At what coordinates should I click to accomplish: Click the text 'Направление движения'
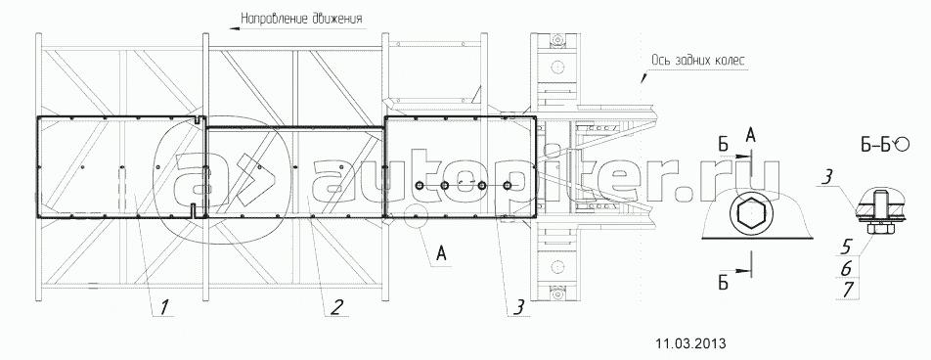pos(301,19)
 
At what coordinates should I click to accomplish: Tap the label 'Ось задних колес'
pos(697,60)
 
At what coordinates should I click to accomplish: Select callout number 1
pos(164,307)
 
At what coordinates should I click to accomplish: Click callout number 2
pos(335,307)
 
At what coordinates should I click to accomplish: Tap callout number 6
pos(847,267)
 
